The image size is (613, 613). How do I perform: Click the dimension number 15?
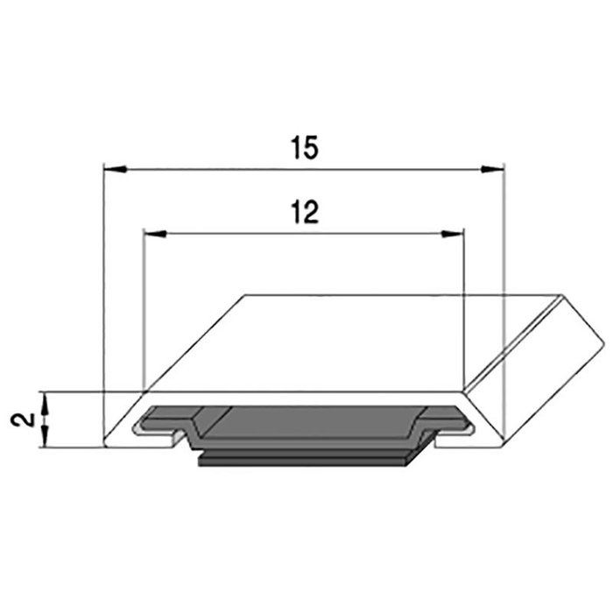pyautogui.click(x=305, y=149)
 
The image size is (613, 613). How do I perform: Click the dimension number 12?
pyautogui.click(x=303, y=213)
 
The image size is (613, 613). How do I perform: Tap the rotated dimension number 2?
pyautogui.click(x=25, y=419)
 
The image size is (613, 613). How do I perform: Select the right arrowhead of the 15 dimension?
pyautogui.click(x=495, y=166)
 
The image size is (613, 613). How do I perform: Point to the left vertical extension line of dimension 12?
pyautogui.click(x=142, y=306)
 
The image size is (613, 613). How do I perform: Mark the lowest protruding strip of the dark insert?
pyautogui.click(x=306, y=461)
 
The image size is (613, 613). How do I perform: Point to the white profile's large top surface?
pyautogui.click(x=350, y=342)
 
